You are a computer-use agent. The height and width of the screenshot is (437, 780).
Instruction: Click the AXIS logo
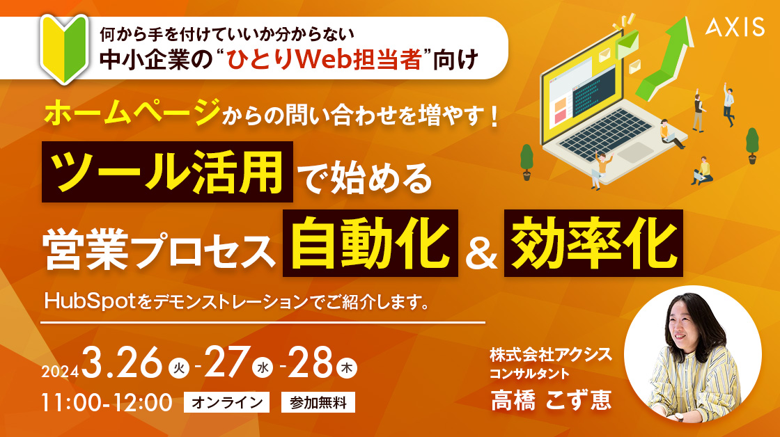(735, 26)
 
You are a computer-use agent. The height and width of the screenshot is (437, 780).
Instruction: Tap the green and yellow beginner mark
(64, 49)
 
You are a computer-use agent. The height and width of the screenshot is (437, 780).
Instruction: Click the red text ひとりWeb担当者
(325, 60)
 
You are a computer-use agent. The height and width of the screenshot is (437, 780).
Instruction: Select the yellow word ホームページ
(132, 112)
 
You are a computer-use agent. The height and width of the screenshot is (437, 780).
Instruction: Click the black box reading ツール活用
(167, 172)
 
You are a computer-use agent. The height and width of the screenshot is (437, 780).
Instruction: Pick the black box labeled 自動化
(370, 243)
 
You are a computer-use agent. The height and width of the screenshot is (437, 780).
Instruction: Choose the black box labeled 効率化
(593, 243)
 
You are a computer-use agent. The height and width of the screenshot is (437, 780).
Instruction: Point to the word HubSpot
(90, 301)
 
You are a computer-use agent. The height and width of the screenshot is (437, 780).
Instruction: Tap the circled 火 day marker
(179, 368)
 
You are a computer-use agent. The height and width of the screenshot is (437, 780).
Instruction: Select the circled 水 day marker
(263, 368)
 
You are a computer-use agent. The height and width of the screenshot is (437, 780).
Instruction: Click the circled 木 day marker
(347, 368)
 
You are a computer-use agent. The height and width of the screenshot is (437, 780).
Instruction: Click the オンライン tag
(227, 402)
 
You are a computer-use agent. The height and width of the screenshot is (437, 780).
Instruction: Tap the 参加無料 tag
(318, 402)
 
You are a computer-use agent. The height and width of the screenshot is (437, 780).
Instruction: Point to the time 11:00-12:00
(107, 403)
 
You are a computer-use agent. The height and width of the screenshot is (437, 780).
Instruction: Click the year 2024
(60, 372)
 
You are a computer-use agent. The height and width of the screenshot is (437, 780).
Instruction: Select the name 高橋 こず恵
(551, 400)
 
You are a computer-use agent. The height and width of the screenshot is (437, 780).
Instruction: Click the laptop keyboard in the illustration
(605, 134)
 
